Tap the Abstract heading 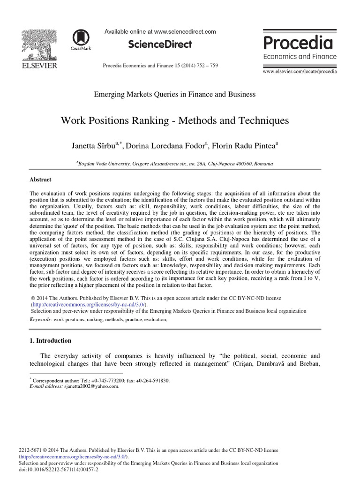click(x=40, y=180)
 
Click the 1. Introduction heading click(x=50, y=340)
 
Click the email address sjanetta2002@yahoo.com click(x=91, y=387)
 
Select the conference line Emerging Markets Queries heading click(x=174, y=94)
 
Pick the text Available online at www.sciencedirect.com click(x=160, y=32)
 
